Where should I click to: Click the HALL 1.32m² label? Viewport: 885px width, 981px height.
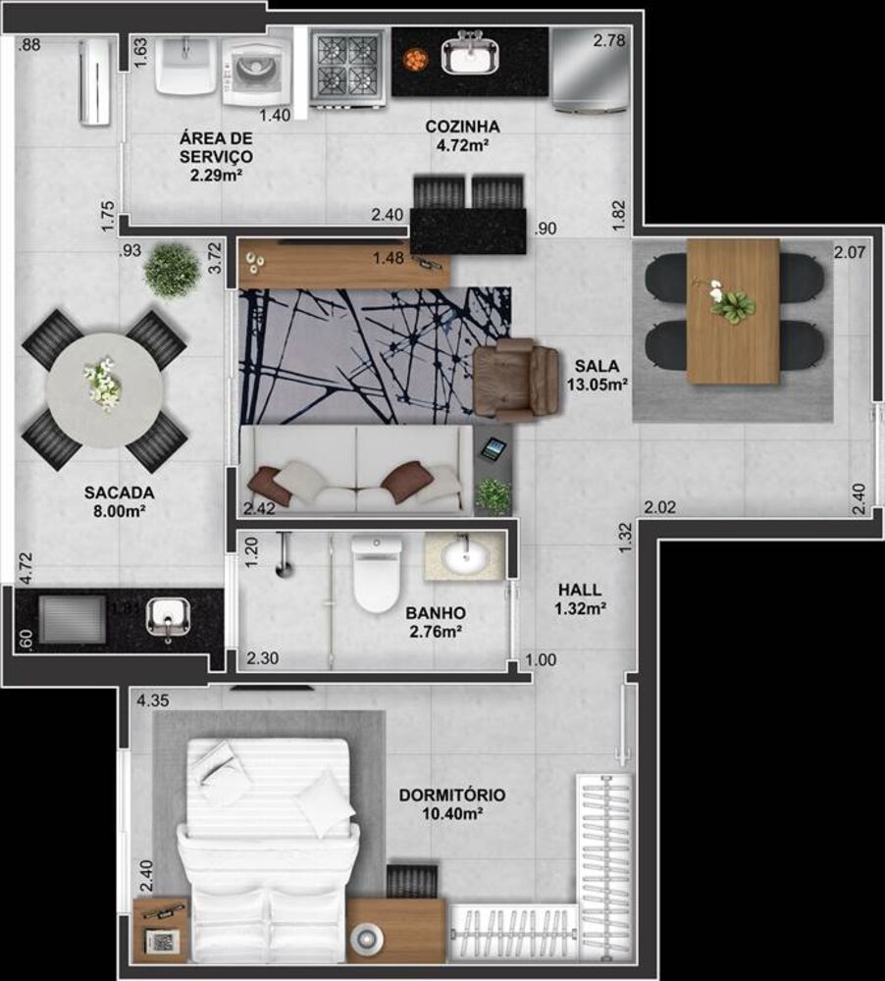point(580,599)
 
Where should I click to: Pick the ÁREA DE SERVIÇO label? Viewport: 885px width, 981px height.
point(216,156)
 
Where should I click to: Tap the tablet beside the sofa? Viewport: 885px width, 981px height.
point(493,450)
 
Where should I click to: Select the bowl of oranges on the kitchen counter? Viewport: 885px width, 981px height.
point(416,59)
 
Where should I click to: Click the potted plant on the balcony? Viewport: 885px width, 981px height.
point(172,270)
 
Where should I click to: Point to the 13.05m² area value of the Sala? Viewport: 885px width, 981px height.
point(597,384)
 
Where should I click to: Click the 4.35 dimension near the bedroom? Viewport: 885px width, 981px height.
point(152,701)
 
